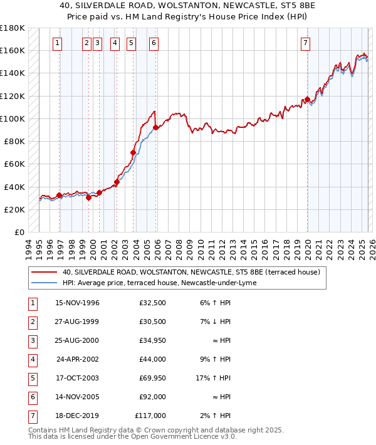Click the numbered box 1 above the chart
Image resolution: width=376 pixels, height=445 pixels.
click(x=57, y=43)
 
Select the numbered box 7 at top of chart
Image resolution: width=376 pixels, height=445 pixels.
click(x=305, y=43)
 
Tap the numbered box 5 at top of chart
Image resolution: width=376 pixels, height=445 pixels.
click(x=130, y=43)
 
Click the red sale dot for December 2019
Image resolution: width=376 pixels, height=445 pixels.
click(x=308, y=99)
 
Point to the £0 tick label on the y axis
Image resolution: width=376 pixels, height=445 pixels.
click(x=19, y=233)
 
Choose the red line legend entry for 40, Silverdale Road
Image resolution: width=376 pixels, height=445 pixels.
click(x=191, y=272)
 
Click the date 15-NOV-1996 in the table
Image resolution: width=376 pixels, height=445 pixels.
click(x=78, y=303)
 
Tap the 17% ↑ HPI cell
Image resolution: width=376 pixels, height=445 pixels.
click(x=214, y=379)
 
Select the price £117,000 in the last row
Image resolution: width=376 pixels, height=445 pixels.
click(x=150, y=416)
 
